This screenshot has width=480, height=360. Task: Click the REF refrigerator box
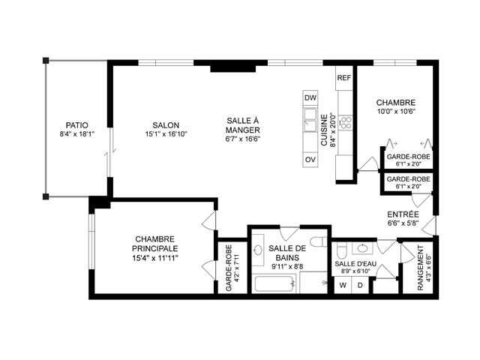point(344,78)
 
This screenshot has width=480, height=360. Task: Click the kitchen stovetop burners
point(346,121)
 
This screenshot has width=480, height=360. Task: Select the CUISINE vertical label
point(324,129)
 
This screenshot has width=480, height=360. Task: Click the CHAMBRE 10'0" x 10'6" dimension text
point(396,111)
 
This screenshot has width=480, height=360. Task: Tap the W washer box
point(343,285)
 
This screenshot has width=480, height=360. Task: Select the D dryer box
point(360,285)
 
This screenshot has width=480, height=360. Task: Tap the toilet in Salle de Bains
point(318,239)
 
